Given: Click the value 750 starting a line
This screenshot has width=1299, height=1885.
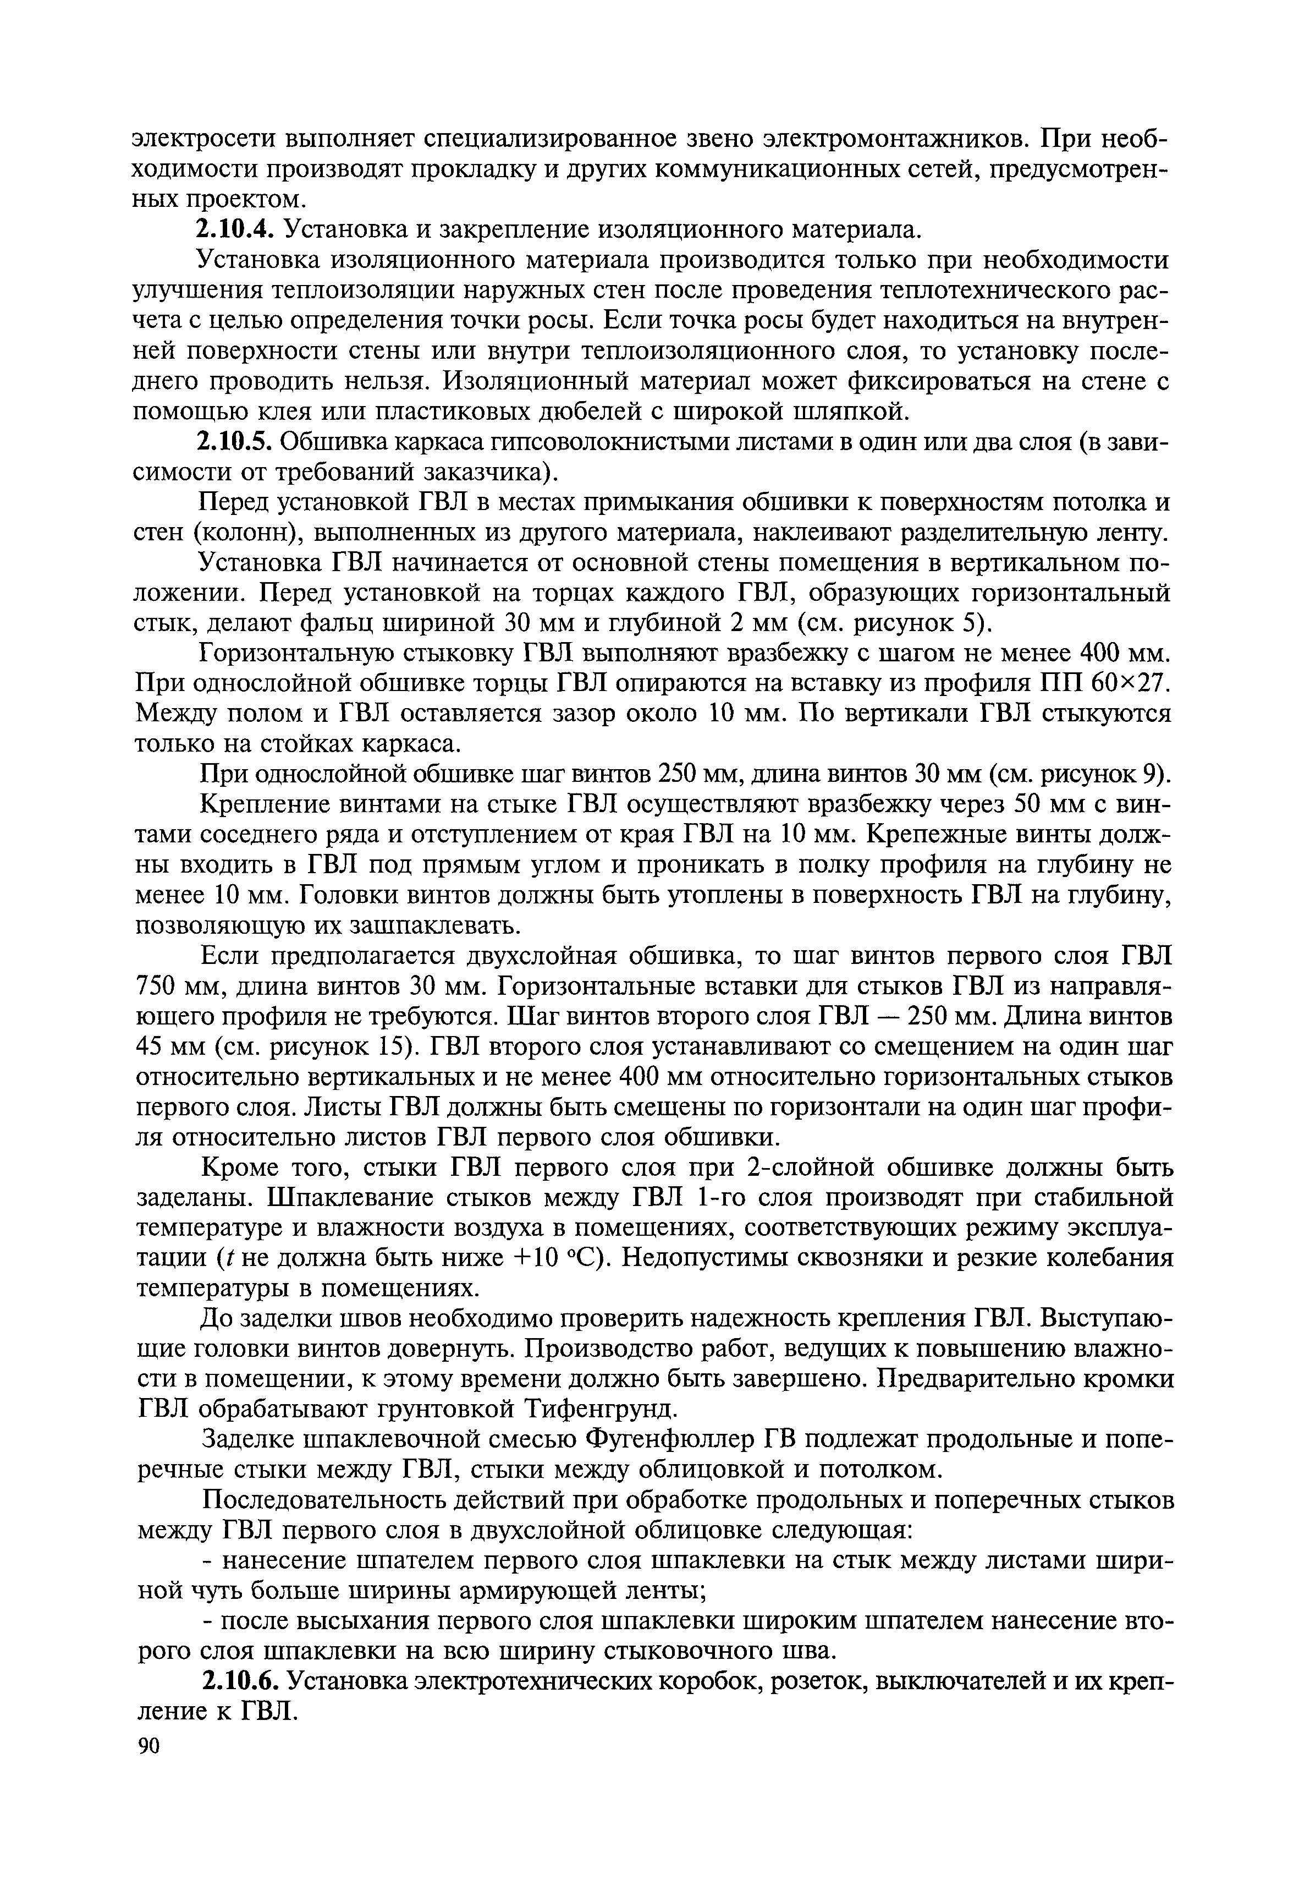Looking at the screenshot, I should click(x=159, y=986).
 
